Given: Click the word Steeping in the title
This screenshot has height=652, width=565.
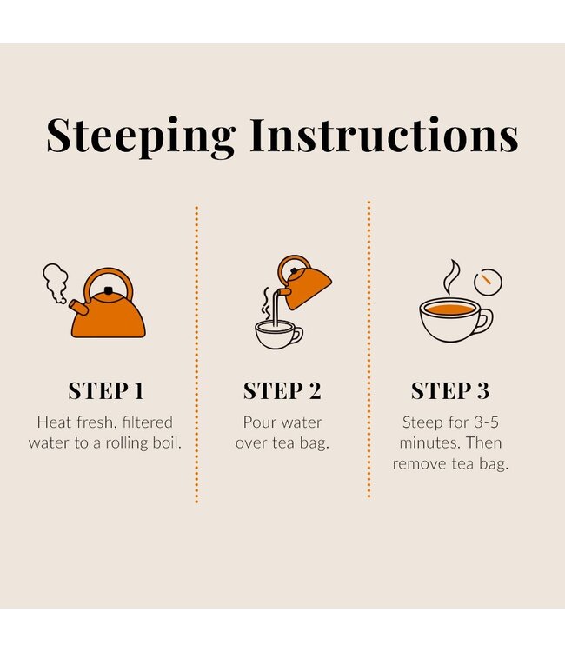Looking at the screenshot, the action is pos(141,136).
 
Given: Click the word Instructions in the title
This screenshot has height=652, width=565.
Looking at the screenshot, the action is pos(384,135).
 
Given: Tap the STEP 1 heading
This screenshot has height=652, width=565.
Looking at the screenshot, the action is pos(105,391).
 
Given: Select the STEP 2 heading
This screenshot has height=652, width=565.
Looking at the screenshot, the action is pos(282,391).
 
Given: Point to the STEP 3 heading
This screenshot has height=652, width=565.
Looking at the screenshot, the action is pos(450,391).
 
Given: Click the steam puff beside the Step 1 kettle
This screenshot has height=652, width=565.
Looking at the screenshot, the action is pos(56,283).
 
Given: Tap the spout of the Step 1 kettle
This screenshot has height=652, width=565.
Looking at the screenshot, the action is pos(78,308).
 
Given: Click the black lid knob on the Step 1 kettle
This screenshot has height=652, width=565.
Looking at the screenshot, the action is pos(109,290).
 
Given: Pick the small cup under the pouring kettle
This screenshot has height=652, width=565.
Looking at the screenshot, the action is pos(277,335).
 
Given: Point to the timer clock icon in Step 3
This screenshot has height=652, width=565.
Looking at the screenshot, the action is pos(489,282).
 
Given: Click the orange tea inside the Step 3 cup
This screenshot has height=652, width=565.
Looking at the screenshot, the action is pos(450,309).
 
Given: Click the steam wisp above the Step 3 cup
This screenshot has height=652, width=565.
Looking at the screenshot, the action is pos(451,276).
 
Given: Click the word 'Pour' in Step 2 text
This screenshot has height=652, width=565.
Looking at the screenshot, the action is pos(256,422).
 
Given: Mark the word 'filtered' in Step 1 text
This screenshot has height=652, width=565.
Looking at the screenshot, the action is pos(148,422).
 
